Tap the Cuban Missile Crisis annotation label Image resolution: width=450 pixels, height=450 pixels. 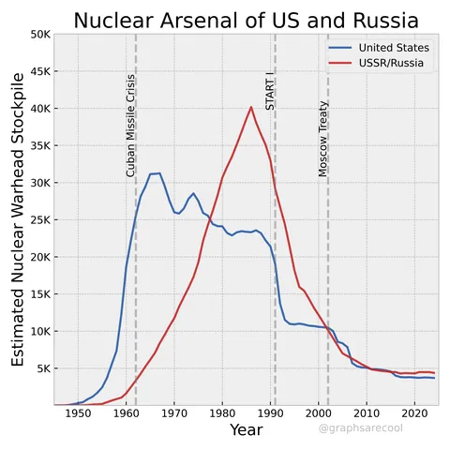[131, 126]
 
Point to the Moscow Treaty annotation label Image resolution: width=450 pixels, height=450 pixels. [323, 139]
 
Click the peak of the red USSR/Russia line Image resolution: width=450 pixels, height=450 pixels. [251, 107]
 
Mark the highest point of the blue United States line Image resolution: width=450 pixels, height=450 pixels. [158, 172]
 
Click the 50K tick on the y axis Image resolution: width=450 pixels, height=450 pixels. [38, 34]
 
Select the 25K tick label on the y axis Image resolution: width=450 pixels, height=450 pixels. [38, 219]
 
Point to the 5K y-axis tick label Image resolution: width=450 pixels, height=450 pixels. [41, 368]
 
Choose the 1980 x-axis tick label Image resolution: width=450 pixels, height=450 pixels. [222, 413]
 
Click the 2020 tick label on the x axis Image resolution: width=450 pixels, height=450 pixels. [413, 413]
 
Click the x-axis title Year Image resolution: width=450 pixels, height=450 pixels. [246, 430]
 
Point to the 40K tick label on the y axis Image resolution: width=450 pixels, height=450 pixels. [38, 108]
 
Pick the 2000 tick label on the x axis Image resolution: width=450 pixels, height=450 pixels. [318, 413]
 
